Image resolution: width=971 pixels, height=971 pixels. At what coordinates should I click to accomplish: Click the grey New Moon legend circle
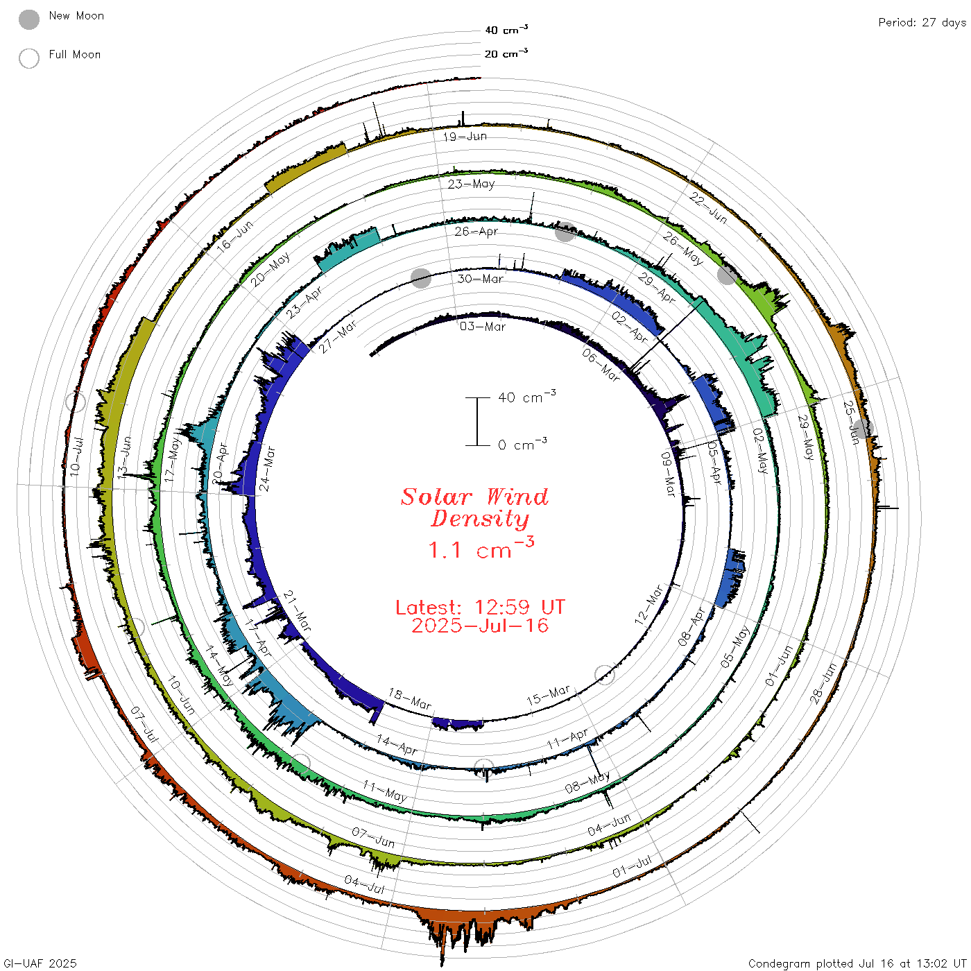(28, 19)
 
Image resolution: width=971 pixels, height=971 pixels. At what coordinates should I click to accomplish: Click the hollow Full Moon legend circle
(28, 58)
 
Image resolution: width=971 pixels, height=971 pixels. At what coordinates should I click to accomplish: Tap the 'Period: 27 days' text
(922, 23)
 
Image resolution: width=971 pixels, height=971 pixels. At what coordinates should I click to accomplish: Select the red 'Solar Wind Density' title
(474, 508)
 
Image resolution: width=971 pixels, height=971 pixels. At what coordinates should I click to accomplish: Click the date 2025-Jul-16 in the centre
(480, 626)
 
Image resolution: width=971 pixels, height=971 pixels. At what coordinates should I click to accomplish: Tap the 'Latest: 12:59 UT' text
(480, 607)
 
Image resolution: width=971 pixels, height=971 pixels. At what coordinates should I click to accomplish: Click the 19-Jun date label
(465, 137)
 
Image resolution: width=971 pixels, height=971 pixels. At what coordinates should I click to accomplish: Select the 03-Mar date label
(482, 327)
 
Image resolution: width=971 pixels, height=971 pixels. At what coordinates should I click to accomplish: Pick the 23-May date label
(471, 184)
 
